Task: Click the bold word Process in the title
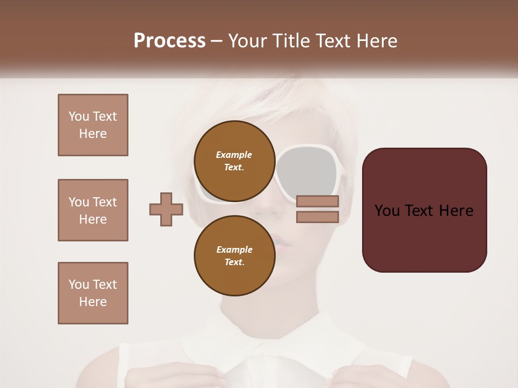click(x=169, y=41)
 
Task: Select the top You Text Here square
click(x=93, y=125)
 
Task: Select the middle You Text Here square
click(x=93, y=210)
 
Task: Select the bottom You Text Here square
click(x=93, y=293)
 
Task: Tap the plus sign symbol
click(x=166, y=210)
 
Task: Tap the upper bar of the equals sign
click(x=317, y=202)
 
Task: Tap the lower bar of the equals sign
click(x=317, y=217)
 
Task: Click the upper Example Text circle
click(x=234, y=161)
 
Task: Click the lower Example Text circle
click(x=234, y=255)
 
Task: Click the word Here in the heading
click(x=376, y=41)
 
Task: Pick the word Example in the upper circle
click(x=234, y=155)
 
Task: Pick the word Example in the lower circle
click(x=234, y=250)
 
